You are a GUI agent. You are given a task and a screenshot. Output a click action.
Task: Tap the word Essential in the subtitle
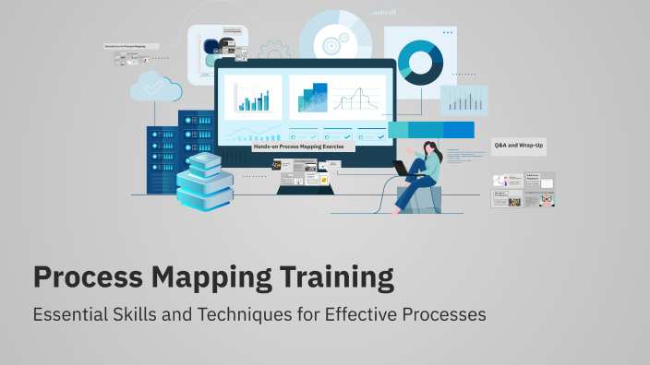point(70,314)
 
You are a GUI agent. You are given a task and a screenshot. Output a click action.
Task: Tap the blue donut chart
point(419,62)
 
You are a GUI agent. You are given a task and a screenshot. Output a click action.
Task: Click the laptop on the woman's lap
point(403,169)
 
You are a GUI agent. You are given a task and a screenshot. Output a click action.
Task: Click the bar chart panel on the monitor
point(252,96)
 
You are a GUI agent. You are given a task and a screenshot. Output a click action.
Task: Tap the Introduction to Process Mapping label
point(130,45)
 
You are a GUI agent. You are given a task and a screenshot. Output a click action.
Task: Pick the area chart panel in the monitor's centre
point(308,96)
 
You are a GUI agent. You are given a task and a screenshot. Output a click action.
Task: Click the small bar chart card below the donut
point(463,100)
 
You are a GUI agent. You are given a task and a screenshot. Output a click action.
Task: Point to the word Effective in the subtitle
point(355,314)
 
